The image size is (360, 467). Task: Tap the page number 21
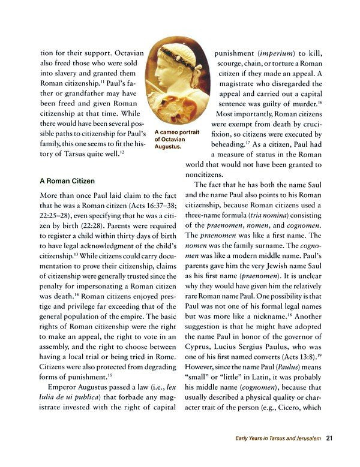click(x=329, y=438)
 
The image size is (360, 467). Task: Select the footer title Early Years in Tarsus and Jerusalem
click(x=278, y=438)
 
